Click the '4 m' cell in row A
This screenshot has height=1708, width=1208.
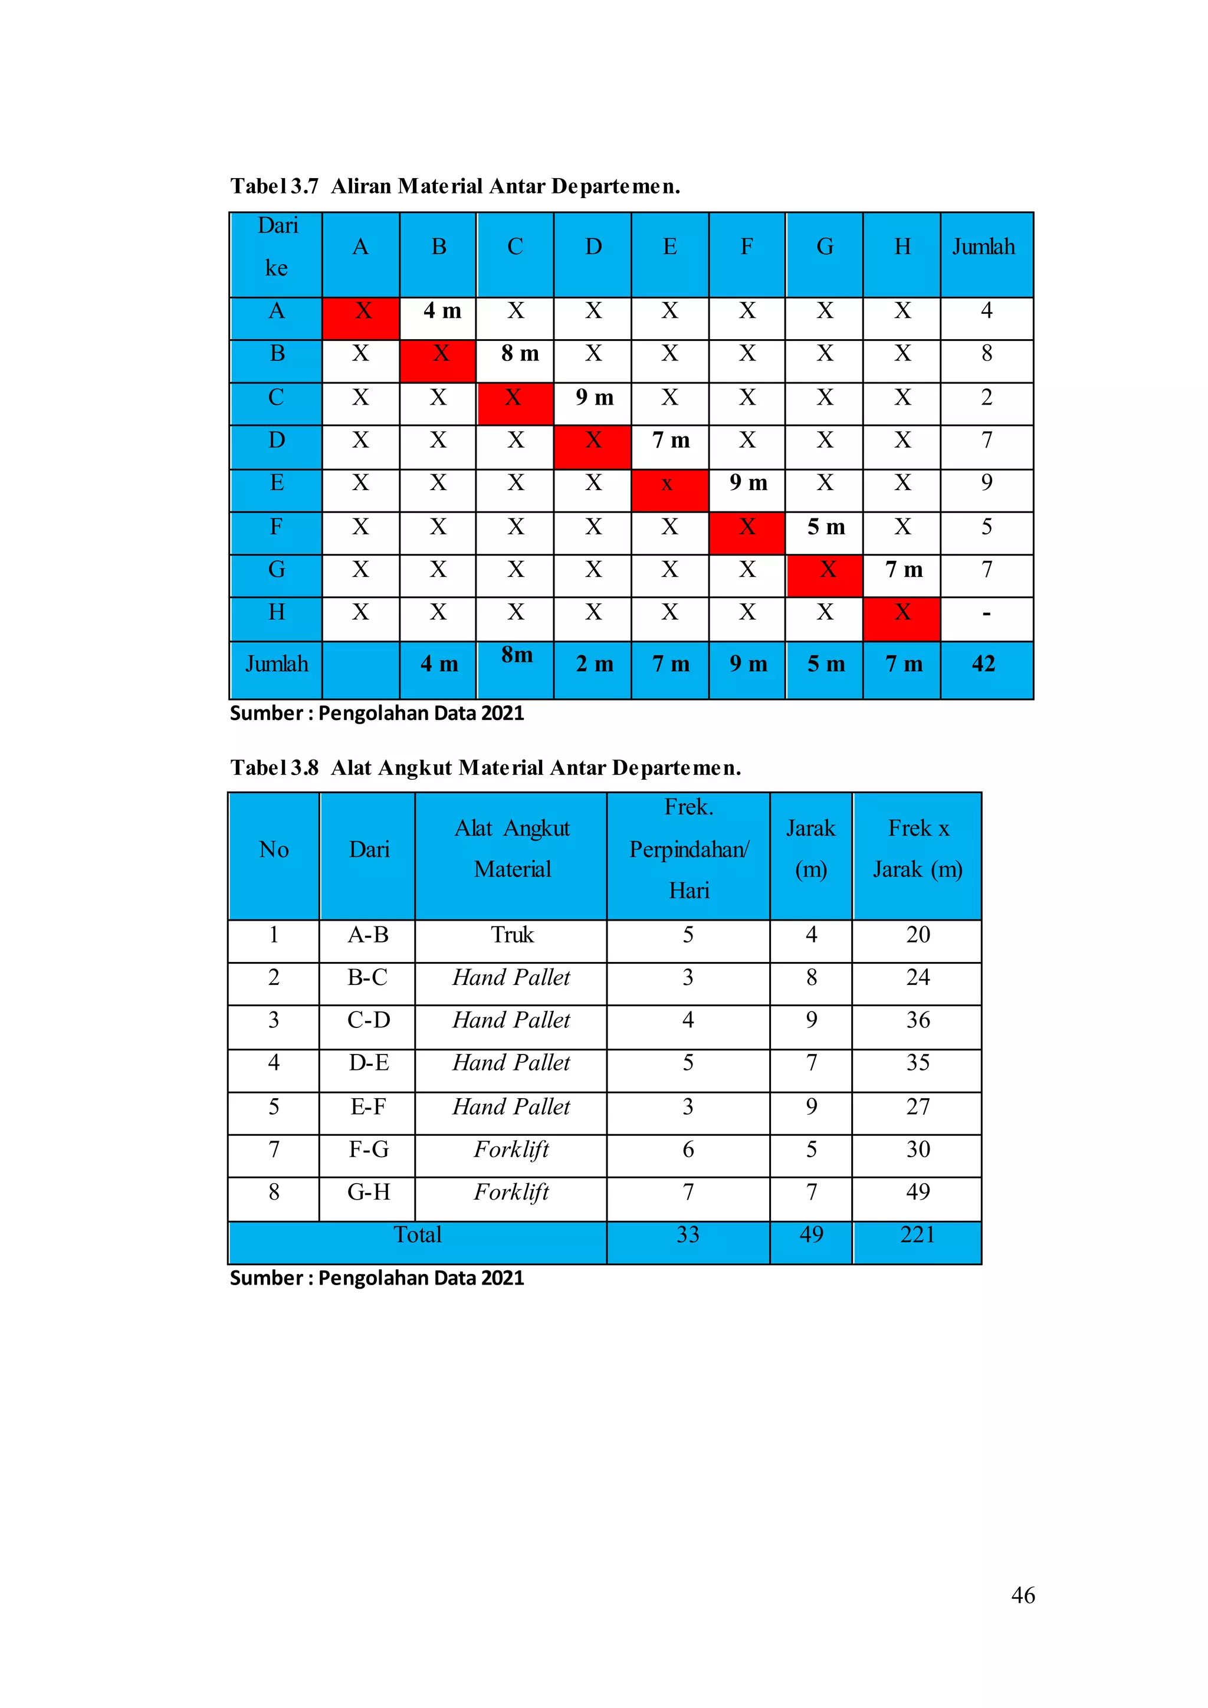pos(442,311)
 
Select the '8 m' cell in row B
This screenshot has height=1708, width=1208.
pos(519,353)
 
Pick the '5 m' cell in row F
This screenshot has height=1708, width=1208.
pos(826,527)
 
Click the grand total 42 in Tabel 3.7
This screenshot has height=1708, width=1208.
pos(983,664)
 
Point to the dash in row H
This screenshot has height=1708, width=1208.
pos(986,615)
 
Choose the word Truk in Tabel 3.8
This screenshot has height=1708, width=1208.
pos(512,935)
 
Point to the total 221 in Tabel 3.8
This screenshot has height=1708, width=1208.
pos(917,1235)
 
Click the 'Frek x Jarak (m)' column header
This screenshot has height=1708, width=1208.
pos(917,849)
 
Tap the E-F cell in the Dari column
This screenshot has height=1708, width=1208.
pos(368,1107)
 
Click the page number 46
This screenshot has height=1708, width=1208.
pos(1023,1595)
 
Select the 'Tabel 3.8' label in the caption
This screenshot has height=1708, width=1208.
pos(274,768)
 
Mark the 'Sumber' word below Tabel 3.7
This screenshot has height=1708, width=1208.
pos(265,714)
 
